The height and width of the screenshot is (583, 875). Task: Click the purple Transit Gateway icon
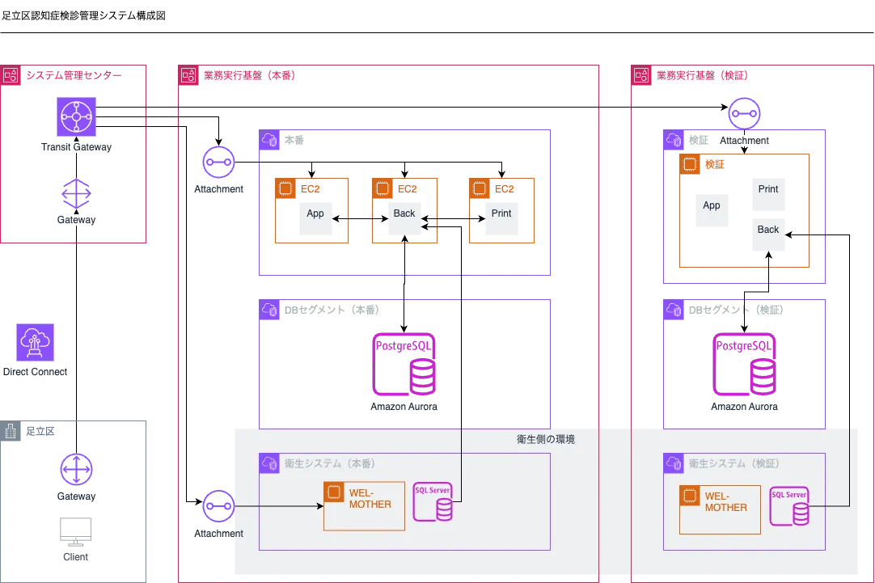point(77,117)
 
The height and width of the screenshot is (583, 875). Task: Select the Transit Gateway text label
point(77,148)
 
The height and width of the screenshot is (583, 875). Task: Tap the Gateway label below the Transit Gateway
point(76,220)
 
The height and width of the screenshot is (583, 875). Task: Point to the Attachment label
point(744,141)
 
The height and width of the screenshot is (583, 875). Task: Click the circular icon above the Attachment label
point(744,113)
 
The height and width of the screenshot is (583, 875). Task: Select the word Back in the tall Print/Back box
point(768,230)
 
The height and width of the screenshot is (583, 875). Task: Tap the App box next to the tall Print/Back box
point(712,213)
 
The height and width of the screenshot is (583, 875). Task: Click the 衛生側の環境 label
point(546,440)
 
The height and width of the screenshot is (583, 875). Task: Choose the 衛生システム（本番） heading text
point(330,463)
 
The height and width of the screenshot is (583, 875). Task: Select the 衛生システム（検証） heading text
point(734,463)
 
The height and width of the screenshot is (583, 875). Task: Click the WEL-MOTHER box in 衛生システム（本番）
point(364,506)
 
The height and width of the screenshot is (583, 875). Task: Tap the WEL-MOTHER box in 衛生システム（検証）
point(720,509)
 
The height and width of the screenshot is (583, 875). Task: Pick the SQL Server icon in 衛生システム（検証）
point(790,507)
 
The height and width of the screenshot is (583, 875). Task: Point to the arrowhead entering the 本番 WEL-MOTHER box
point(319,506)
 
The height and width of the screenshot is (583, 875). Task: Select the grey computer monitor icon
point(78,531)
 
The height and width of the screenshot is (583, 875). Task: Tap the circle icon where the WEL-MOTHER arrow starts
point(218,506)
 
